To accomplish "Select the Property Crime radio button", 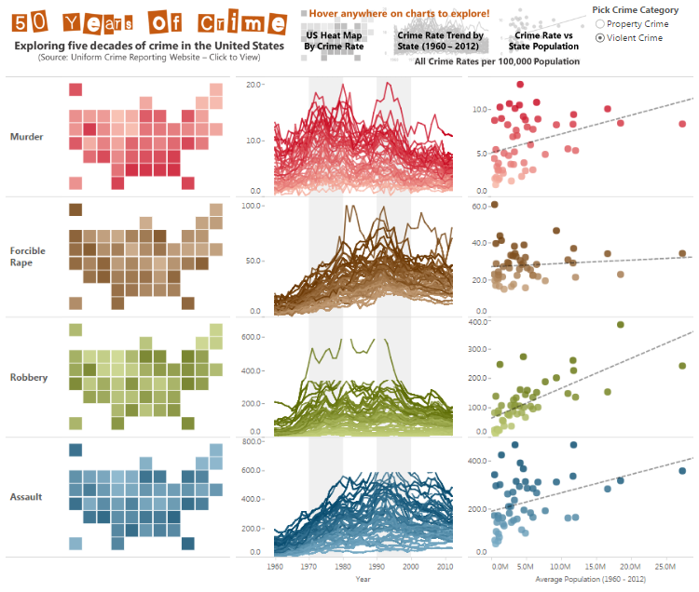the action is tap(600, 24).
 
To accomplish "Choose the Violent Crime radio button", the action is tap(600, 38).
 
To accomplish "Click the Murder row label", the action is tap(27, 137).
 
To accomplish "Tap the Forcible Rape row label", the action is tap(28, 256).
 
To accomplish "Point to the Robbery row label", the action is tap(29, 378).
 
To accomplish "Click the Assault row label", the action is tap(26, 497).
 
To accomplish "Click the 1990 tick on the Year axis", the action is tap(377, 567).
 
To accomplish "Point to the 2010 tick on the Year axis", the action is tap(445, 567).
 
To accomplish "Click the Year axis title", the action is tap(363, 579).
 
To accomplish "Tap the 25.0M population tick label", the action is tap(665, 567).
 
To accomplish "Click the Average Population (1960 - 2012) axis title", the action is tap(590, 579).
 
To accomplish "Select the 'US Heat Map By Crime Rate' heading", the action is tap(334, 41).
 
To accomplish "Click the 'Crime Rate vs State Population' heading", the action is tap(543, 41).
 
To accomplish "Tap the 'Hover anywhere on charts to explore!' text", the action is tap(399, 14).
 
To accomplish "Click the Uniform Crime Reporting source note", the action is tap(149, 57).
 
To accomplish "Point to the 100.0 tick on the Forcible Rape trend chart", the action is tap(253, 206).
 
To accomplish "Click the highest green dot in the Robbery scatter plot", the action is tap(621, 325).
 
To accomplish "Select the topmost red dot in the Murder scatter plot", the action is tap(520, 84).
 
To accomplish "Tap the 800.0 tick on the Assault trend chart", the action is tap(253, 441).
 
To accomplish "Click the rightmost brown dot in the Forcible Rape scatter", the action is tap(682, 253).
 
